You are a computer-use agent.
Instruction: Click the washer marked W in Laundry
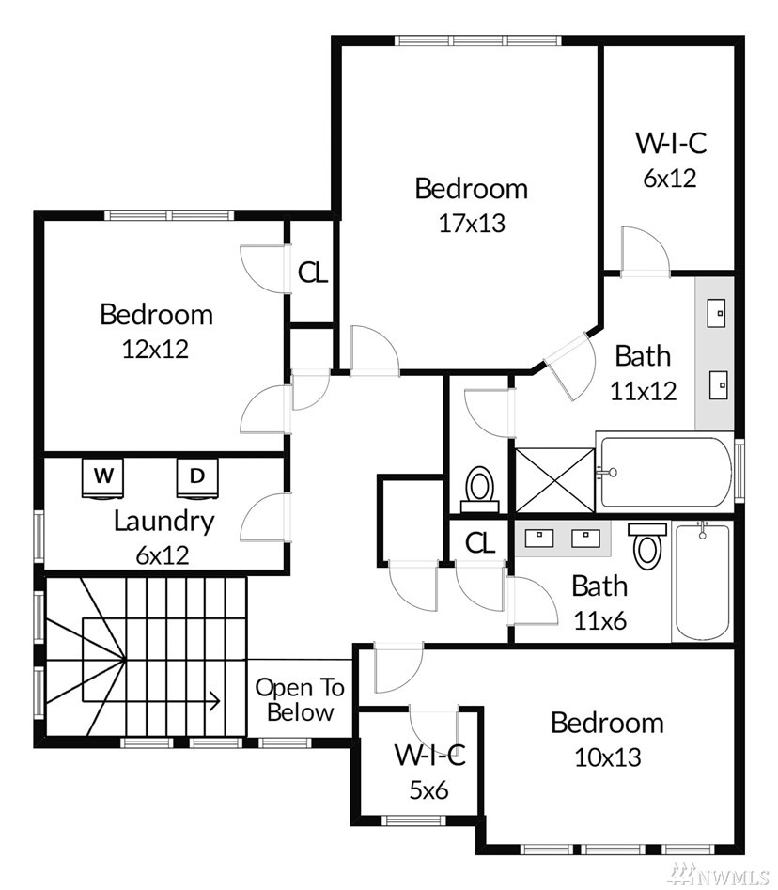103,477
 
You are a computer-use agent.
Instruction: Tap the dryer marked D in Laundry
197,477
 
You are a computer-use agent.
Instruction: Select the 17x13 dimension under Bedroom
472,223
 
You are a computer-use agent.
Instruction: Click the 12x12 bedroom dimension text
155,349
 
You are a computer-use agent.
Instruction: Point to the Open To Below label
300,700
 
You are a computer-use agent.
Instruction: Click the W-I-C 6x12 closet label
671,160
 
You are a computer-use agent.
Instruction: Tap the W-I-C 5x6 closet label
429,772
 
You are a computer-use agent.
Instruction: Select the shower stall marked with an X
554,480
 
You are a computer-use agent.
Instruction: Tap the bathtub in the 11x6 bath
702,581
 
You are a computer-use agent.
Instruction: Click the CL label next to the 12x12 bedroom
313,273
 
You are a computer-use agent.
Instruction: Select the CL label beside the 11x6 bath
480,543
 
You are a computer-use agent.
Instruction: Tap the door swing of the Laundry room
265,517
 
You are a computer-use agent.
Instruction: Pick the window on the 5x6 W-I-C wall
412,820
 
